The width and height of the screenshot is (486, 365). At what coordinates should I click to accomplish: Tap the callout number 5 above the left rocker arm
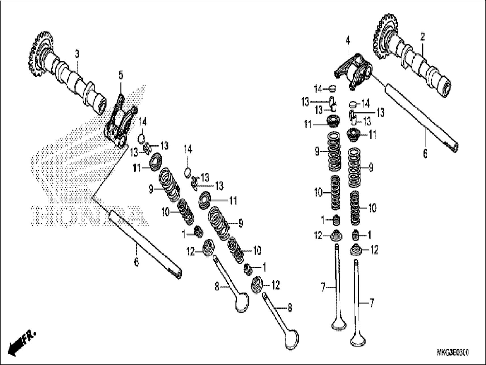(x=121, y=75)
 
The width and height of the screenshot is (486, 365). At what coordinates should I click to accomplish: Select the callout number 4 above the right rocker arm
(x=348, y=41)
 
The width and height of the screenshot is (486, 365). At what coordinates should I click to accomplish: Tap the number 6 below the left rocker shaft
(x=136, y=262)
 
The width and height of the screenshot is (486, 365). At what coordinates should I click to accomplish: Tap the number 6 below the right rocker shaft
(x=425, y=154)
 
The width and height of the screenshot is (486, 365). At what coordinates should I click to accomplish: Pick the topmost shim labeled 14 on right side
(x=333, y=88)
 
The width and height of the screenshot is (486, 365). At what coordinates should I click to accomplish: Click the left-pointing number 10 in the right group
(x=318, y=193)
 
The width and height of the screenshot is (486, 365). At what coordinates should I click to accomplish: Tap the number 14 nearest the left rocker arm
(x=142, y=123)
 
